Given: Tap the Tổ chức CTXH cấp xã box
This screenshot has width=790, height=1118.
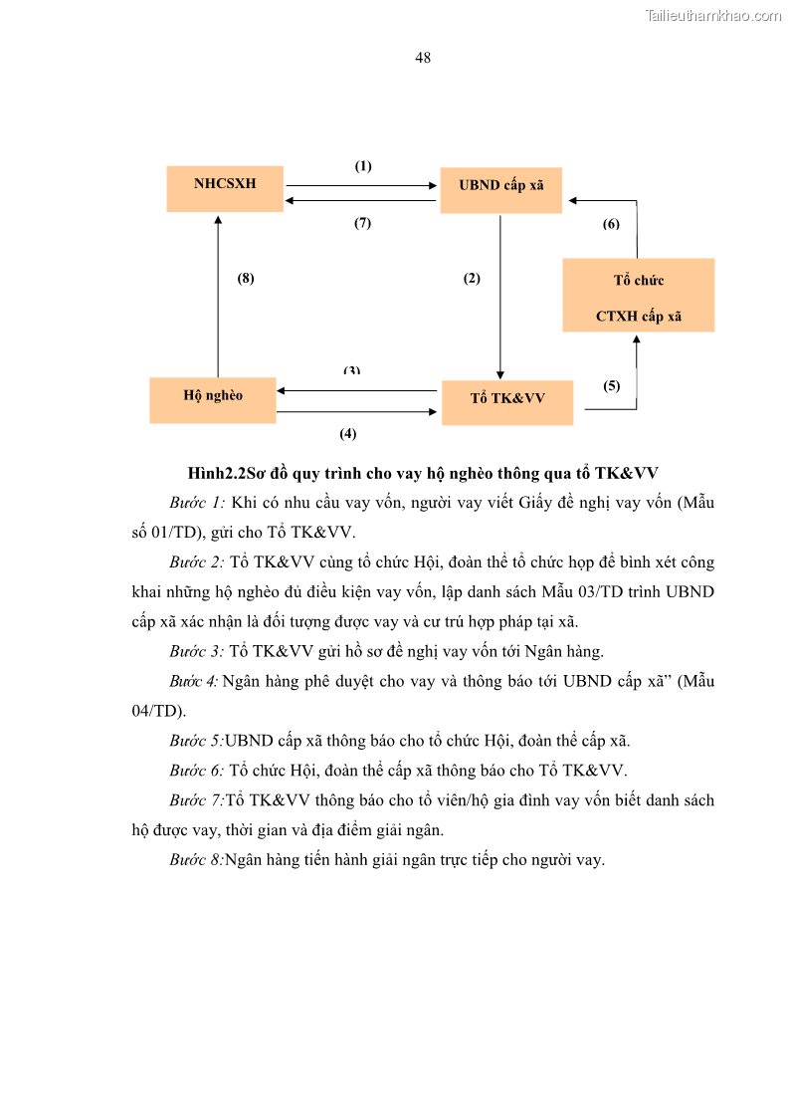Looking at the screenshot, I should click(x=638, y=296).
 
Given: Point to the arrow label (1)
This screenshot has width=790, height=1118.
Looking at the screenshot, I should click(x=363, y=166).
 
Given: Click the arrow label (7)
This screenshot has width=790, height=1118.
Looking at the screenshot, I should click(x=363, y=223).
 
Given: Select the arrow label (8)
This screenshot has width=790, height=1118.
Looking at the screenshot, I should click(x=246, y=279).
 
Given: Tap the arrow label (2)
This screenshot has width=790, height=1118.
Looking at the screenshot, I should click(x=472, y=279).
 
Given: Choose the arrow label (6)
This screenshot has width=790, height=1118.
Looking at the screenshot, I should click(x=611, y=224).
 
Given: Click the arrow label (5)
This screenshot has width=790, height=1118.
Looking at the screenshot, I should click(x=611, y=386).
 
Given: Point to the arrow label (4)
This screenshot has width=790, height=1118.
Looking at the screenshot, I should click(x=348, y=433).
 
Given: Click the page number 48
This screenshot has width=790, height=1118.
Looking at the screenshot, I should click(x=423, y=58).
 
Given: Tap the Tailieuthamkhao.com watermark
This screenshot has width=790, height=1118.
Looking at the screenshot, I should click(x=713, y=15).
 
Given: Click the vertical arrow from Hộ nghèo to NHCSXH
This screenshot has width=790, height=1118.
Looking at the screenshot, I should click(x=218, y=299).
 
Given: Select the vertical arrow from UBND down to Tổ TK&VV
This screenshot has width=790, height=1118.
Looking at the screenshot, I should click(x=499, y=299).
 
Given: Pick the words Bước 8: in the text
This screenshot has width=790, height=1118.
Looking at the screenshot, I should click(x=196, y=860).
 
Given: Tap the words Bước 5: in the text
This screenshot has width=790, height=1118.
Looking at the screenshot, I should click(x=196, y=741).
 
